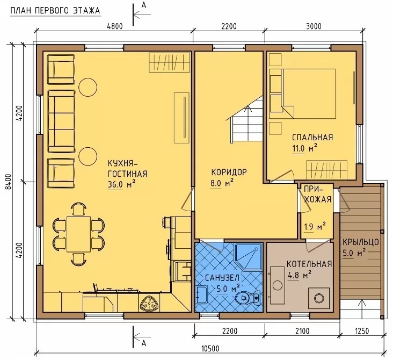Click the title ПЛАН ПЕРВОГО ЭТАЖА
(55, 11)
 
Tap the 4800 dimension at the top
(115, 26)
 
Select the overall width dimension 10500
(210, 349)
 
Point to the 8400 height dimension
(9, 182)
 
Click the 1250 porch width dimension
(362, 331)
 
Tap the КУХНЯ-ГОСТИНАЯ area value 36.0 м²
(122, 184)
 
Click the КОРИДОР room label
(229, 172)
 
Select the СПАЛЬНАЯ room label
(312, 137)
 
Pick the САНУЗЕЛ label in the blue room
(222, 278)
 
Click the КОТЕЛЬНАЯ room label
(309, 264)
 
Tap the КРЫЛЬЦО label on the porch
(360, 242)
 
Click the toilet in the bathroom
(248, 298)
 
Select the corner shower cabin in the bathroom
(248, 256)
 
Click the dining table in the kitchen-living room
(79, 235)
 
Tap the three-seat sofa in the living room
(61, 121)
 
